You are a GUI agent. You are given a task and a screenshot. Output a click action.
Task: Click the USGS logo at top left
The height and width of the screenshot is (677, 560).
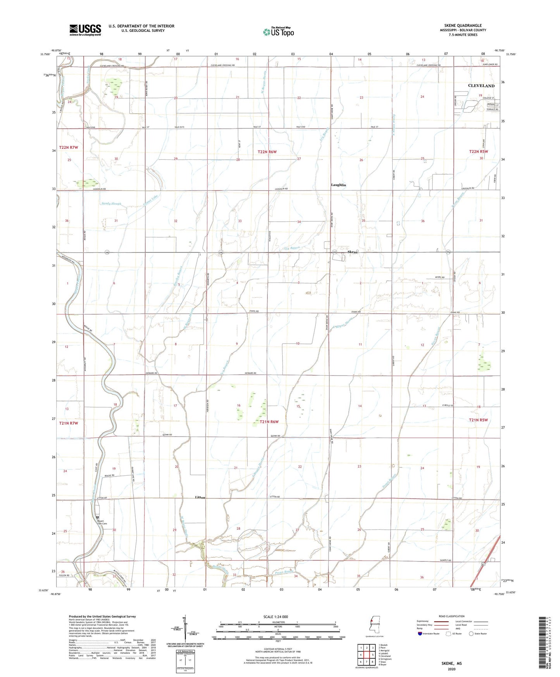(85, 30)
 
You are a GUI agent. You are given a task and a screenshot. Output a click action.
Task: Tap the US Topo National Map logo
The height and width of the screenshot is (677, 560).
(278, 31)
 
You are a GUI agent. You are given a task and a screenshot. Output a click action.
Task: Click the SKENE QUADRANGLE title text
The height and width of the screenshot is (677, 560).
(463, 26)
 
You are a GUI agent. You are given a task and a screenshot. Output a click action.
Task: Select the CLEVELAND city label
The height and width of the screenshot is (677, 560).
(481, 86)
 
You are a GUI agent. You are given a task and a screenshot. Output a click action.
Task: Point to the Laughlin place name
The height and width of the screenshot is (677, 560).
(338, 185)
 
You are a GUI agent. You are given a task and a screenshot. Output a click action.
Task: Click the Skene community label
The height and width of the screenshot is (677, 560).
(353, 252)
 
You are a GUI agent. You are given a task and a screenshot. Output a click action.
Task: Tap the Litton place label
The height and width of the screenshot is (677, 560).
(200, 497)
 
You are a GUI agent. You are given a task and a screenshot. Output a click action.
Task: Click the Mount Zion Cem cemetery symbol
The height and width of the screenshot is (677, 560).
(98, 517)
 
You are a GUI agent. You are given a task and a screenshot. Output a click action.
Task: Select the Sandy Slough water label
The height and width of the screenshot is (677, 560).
(111, 204)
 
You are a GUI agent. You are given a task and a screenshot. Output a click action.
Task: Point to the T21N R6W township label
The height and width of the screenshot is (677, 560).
(269, 422)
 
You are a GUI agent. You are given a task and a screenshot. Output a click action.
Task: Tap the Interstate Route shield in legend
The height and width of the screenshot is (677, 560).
(420, 634)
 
